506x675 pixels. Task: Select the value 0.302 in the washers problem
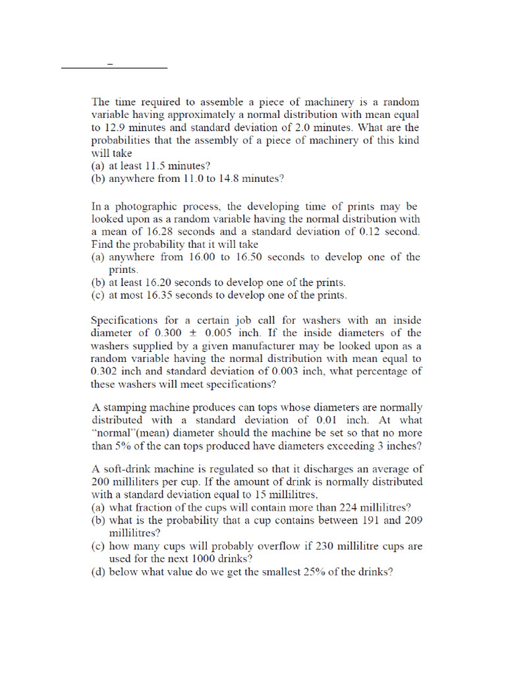pyautogui.click(x=103, y=371)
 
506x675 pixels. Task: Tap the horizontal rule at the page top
pyautogui.click(x=114, y=67)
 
